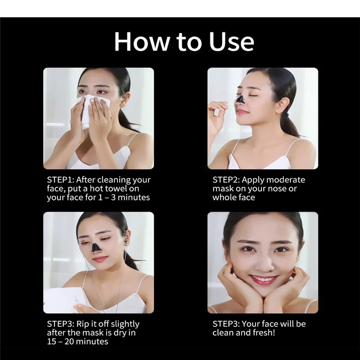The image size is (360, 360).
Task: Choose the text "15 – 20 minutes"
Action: tap(77, 342)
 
